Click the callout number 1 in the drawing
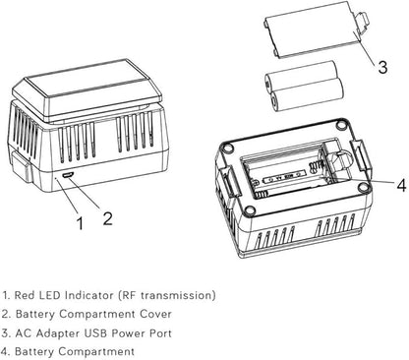(80, 223)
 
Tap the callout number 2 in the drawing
(108, 218)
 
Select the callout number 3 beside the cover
(382, 67)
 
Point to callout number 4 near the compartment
(401, 185)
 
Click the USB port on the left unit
(68, 176)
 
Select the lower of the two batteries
(308, 95)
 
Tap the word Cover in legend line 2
(155, 314)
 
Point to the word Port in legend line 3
(160, 332)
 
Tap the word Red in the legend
(25, 295)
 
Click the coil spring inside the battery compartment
(314, 167)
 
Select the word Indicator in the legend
(88, 295)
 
